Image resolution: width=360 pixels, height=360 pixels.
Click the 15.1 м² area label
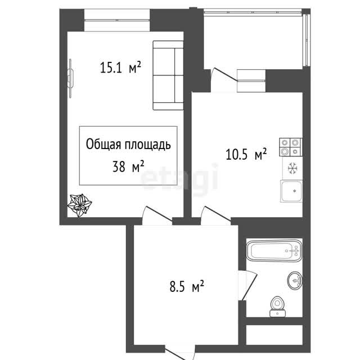pos(120,67)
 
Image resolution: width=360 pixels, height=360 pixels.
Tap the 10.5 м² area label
pos(246,154)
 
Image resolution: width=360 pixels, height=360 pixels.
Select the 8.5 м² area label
pos(187,286)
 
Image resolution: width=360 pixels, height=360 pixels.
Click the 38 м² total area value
pos(128,166)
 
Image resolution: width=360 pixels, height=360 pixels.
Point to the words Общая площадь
pos(128,145)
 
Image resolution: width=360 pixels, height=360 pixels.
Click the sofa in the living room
pos(168,75)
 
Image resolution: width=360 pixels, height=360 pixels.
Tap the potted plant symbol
pos(79,205)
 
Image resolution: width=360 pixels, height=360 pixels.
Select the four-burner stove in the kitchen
pos(291,147)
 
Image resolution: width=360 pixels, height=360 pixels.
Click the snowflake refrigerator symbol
pos(292,168)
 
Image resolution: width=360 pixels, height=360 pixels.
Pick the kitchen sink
pos(291,191)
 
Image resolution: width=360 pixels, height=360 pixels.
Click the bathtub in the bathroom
pos(274,250)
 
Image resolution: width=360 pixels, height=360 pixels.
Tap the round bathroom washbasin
pos(295,280)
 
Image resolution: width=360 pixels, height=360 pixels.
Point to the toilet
pos(277,307)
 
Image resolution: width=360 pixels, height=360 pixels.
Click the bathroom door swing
pos(247,285)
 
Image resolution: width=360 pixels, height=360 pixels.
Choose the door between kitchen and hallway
pos(216,215)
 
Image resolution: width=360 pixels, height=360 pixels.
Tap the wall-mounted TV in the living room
pos(70,78)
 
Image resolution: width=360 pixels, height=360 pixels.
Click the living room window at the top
pos(117,20)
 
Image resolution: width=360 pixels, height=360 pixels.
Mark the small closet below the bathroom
pos(274,335)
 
